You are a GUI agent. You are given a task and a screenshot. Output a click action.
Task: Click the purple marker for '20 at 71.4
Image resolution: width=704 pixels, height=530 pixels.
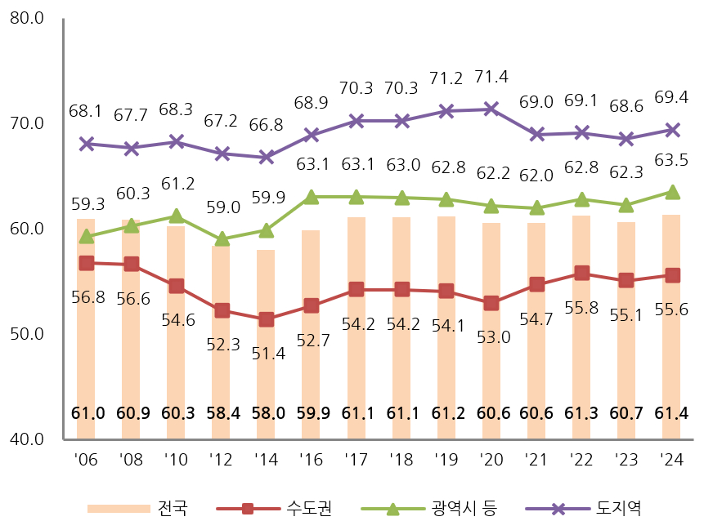coord(491,109)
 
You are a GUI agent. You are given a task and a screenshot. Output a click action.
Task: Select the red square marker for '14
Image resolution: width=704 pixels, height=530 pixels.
coord(266,319)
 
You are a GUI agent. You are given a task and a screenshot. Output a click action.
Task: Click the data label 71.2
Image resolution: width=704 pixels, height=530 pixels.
coord(446,78)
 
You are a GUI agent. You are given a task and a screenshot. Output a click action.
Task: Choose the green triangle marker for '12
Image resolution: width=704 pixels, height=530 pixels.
coord(221,239)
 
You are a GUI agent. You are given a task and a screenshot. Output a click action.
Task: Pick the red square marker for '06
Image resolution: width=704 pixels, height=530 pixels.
coord(86,263)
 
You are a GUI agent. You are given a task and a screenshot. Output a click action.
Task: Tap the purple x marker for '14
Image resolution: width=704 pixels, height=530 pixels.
coord(266,157)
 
